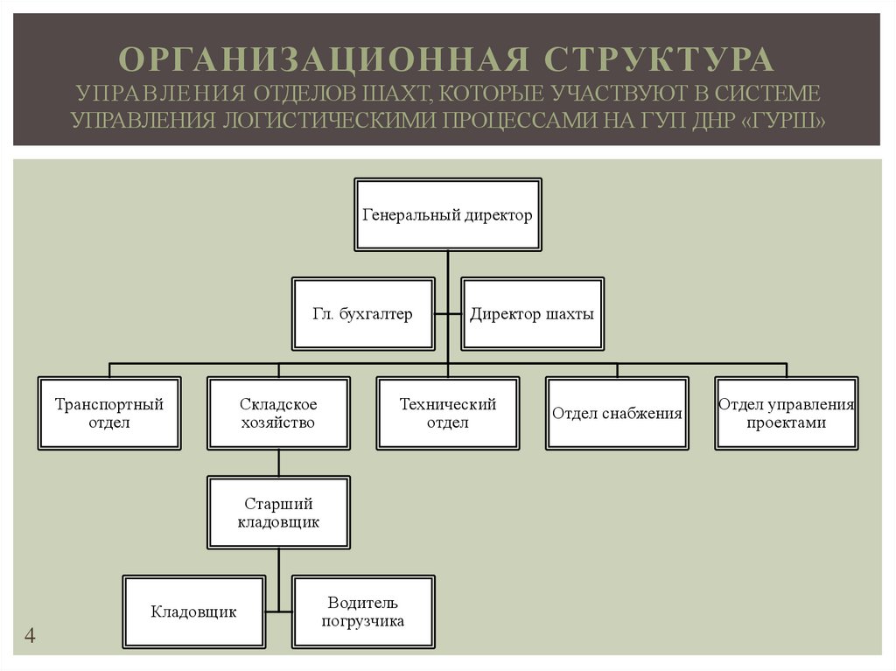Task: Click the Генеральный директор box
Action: [447, 215]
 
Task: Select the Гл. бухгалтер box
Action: [363, 315]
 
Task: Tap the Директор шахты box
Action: [532, 315]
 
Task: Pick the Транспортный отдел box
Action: [109, 414]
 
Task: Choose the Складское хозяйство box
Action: [278, 414]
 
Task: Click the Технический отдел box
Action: [447, 414]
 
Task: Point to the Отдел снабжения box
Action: [617, 414]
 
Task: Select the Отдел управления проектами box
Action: [786, 414]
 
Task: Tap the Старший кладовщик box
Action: [278, 513]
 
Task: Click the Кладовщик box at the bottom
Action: [193, 612]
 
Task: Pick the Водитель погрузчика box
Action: [363, 612]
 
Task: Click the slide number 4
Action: [30, 636]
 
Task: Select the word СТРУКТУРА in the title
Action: [661, 59]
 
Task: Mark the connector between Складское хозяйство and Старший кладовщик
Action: [278, 463]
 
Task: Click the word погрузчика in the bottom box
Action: [363, 622]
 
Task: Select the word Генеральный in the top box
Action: [407, 215]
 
